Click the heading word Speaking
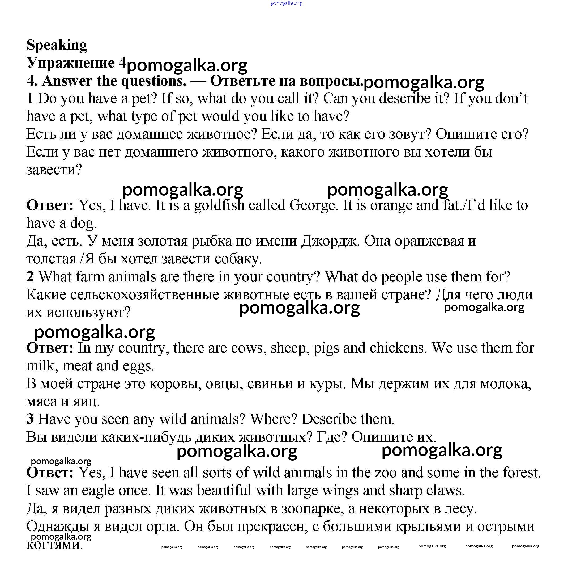click(57, 45)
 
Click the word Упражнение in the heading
click(71, 63)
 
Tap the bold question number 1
click(30, 99)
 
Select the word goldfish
click(219, 206)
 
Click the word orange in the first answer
click(392, 206)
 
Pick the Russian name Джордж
click(330, 241)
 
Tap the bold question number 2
click(30, 277)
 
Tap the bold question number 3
click(30, 419)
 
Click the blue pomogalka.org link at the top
click(286, 3)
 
